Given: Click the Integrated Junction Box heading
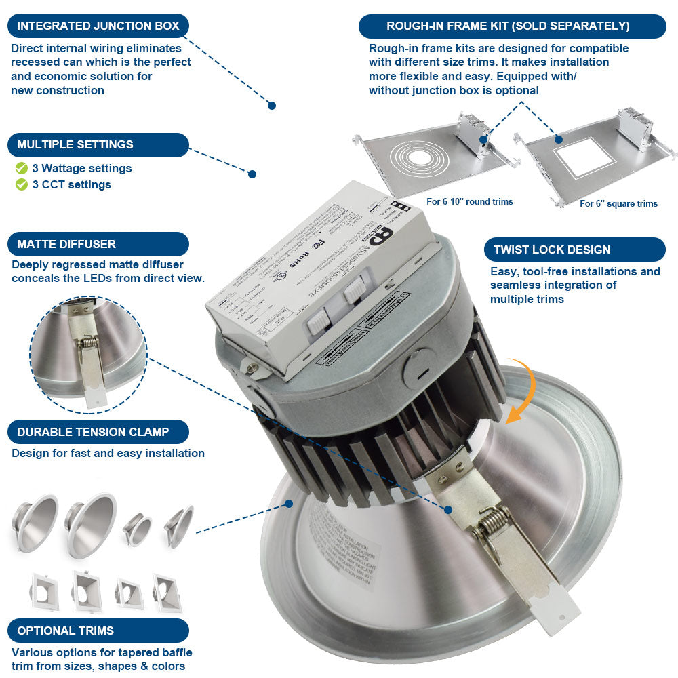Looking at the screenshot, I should click(98, 26).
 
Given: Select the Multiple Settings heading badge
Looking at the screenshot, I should click(98, 144).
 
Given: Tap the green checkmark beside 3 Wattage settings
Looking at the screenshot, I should click(22, 168).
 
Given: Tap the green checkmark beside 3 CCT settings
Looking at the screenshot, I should click(22, 184).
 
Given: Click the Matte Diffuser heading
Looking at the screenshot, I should click(98, 244).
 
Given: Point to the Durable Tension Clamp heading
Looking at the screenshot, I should click(98, 432).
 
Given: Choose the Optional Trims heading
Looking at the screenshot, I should click(98, 631).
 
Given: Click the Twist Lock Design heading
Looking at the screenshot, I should click(574, 250).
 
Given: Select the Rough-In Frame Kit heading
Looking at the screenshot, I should click(512, 26).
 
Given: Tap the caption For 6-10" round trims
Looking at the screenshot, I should click(469, 201).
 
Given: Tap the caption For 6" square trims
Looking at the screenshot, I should click(618, 203).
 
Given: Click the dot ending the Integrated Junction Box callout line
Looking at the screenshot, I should click(271, 105).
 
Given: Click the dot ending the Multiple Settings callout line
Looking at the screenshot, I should click(252, 174).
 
